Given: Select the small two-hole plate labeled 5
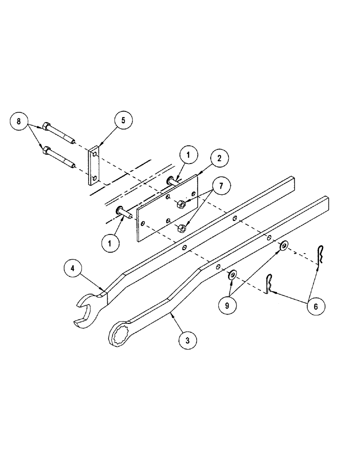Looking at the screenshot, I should (94, 165).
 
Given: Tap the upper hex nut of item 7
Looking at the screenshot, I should (182, 204).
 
